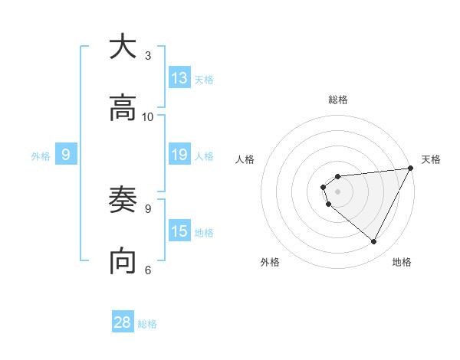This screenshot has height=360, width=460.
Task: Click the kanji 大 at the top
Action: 123,47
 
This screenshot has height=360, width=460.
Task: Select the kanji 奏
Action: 123,201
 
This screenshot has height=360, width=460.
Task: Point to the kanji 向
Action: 123,261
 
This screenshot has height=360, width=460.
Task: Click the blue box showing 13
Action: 179,78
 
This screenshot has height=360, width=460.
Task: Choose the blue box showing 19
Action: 179,155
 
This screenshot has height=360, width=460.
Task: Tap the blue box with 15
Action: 179,231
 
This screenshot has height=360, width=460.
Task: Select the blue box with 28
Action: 123,322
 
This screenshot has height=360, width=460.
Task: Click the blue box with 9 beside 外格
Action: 66,155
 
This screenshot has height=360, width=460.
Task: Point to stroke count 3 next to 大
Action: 148,55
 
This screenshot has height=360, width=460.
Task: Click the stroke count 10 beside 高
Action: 148,116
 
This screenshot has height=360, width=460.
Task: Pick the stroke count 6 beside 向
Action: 148,269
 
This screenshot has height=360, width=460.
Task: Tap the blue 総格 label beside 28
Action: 147,324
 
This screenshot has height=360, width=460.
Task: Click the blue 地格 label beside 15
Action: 204,233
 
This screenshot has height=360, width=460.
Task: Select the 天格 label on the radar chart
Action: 431,159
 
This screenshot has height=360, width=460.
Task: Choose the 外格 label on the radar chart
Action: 270,262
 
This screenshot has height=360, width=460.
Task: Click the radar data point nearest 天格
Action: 412,168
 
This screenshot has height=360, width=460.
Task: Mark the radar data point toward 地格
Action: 374,242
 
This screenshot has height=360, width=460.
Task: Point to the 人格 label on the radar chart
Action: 245,159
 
